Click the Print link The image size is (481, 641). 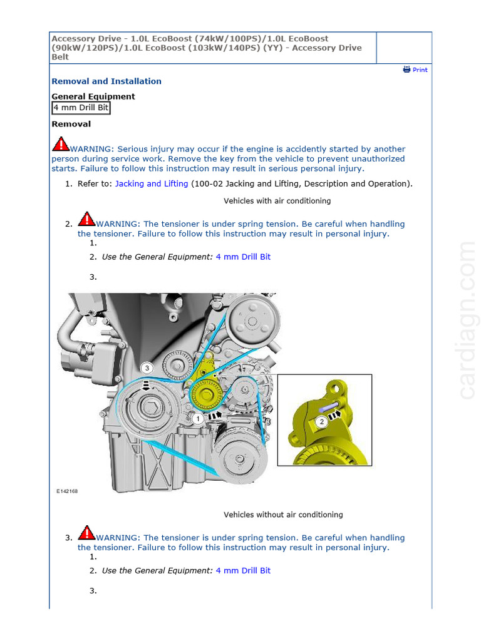coord(415,69)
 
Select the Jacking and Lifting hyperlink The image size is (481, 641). coord(152,183)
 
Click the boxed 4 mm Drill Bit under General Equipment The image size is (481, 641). coord(81,108)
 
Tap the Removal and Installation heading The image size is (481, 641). coord(106,81)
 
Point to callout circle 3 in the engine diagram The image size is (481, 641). coord(146,367)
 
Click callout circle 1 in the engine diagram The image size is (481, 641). coord(197,418)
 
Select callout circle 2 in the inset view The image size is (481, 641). coord(321,422)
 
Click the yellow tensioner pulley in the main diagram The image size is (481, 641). coord(205,394)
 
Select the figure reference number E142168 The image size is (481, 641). coord(67,491)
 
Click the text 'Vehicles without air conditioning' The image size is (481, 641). coord(283,515)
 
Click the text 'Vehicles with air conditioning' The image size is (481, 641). coord(277,201)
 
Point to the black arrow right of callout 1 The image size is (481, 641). coord(215,414)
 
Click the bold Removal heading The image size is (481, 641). coord(71,124)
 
